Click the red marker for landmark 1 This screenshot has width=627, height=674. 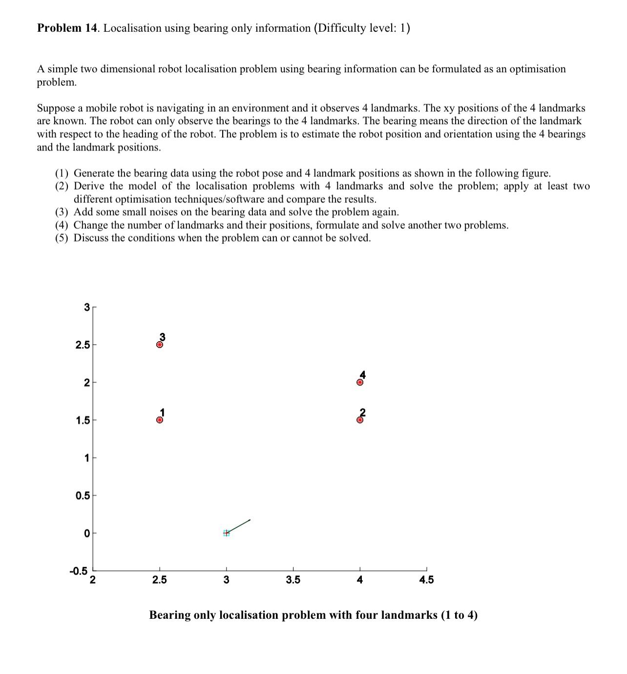[160, 420]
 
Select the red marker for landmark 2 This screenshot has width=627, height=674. [360, 419]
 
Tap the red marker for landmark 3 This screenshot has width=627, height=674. [160, 345]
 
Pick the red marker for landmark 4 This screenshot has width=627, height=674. [360, 382]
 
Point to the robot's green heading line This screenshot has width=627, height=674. [239, 526]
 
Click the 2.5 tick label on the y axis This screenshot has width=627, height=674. [83, 345]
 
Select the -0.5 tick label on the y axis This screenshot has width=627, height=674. [78, 571]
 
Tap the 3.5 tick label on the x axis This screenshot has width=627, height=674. [293, 580]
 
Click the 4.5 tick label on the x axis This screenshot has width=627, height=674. [426, 580]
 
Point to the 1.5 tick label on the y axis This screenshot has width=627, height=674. [83, 420]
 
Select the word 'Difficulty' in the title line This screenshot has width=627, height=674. [342, 28]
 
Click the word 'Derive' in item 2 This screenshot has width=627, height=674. [89, 186]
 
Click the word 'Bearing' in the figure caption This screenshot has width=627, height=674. [169, 615]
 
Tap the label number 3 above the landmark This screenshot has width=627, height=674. [163, 337]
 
